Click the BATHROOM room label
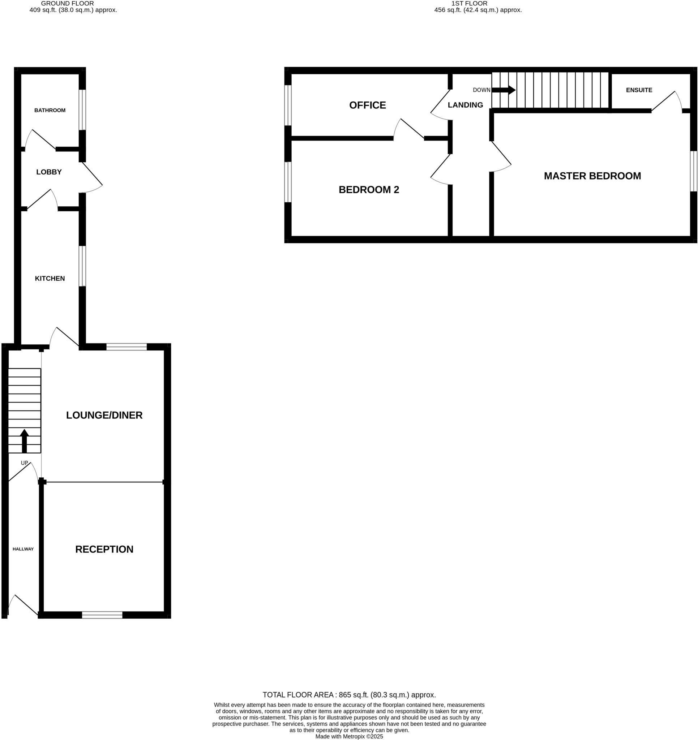coord(50,110)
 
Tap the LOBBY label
coord(49,172)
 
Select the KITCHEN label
coord(50,279)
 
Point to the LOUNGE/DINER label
coord(104,415)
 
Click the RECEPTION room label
coord(104,549)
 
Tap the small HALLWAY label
coord(23,549)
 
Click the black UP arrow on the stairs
coord(24,441)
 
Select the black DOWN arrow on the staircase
coord(504,90)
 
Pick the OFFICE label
coord(367,106)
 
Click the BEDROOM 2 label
coord(369,190)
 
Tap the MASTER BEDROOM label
coord(592,176)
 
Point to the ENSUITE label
coord(639,90)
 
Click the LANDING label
coord(465,106)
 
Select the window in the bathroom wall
coord(82,109)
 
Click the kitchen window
coord(82,266)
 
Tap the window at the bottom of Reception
coord(102,615)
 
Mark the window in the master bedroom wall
coord(693,171)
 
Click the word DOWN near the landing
coord(481,90)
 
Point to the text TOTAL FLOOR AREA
coord(297,694)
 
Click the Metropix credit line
coord(349,736)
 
